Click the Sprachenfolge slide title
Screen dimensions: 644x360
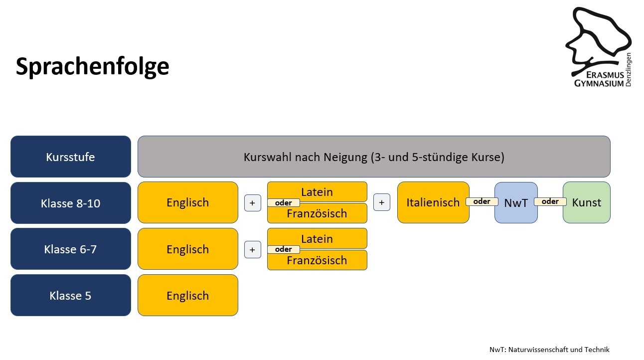(92, 66)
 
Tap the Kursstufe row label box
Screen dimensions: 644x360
(71, 157)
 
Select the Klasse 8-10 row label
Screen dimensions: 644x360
(71, 203)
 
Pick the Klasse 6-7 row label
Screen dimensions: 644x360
(71, 249)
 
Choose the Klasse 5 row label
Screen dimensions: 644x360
(71, 295)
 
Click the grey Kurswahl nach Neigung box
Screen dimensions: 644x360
(374, 157)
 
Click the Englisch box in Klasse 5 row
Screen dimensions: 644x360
(188, 295)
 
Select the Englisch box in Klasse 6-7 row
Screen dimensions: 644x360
(188, 249)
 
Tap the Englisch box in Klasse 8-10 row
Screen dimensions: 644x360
(188, 202)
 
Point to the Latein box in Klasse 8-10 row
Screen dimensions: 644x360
(317, 191)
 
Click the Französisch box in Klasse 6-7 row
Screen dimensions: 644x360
(317, 260)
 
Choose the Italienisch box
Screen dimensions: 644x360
(433, 202)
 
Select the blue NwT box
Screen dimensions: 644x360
(516, 202)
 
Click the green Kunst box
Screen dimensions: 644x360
(587, 202)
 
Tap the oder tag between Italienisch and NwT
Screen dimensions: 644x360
(482, 201)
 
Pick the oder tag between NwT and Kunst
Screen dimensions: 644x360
(550, 201)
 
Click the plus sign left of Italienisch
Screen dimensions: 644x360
(382, 202)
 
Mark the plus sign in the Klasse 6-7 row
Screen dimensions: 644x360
(253, 250)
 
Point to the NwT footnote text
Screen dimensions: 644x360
(549, 350)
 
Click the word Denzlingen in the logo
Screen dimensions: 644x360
(628, 70)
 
